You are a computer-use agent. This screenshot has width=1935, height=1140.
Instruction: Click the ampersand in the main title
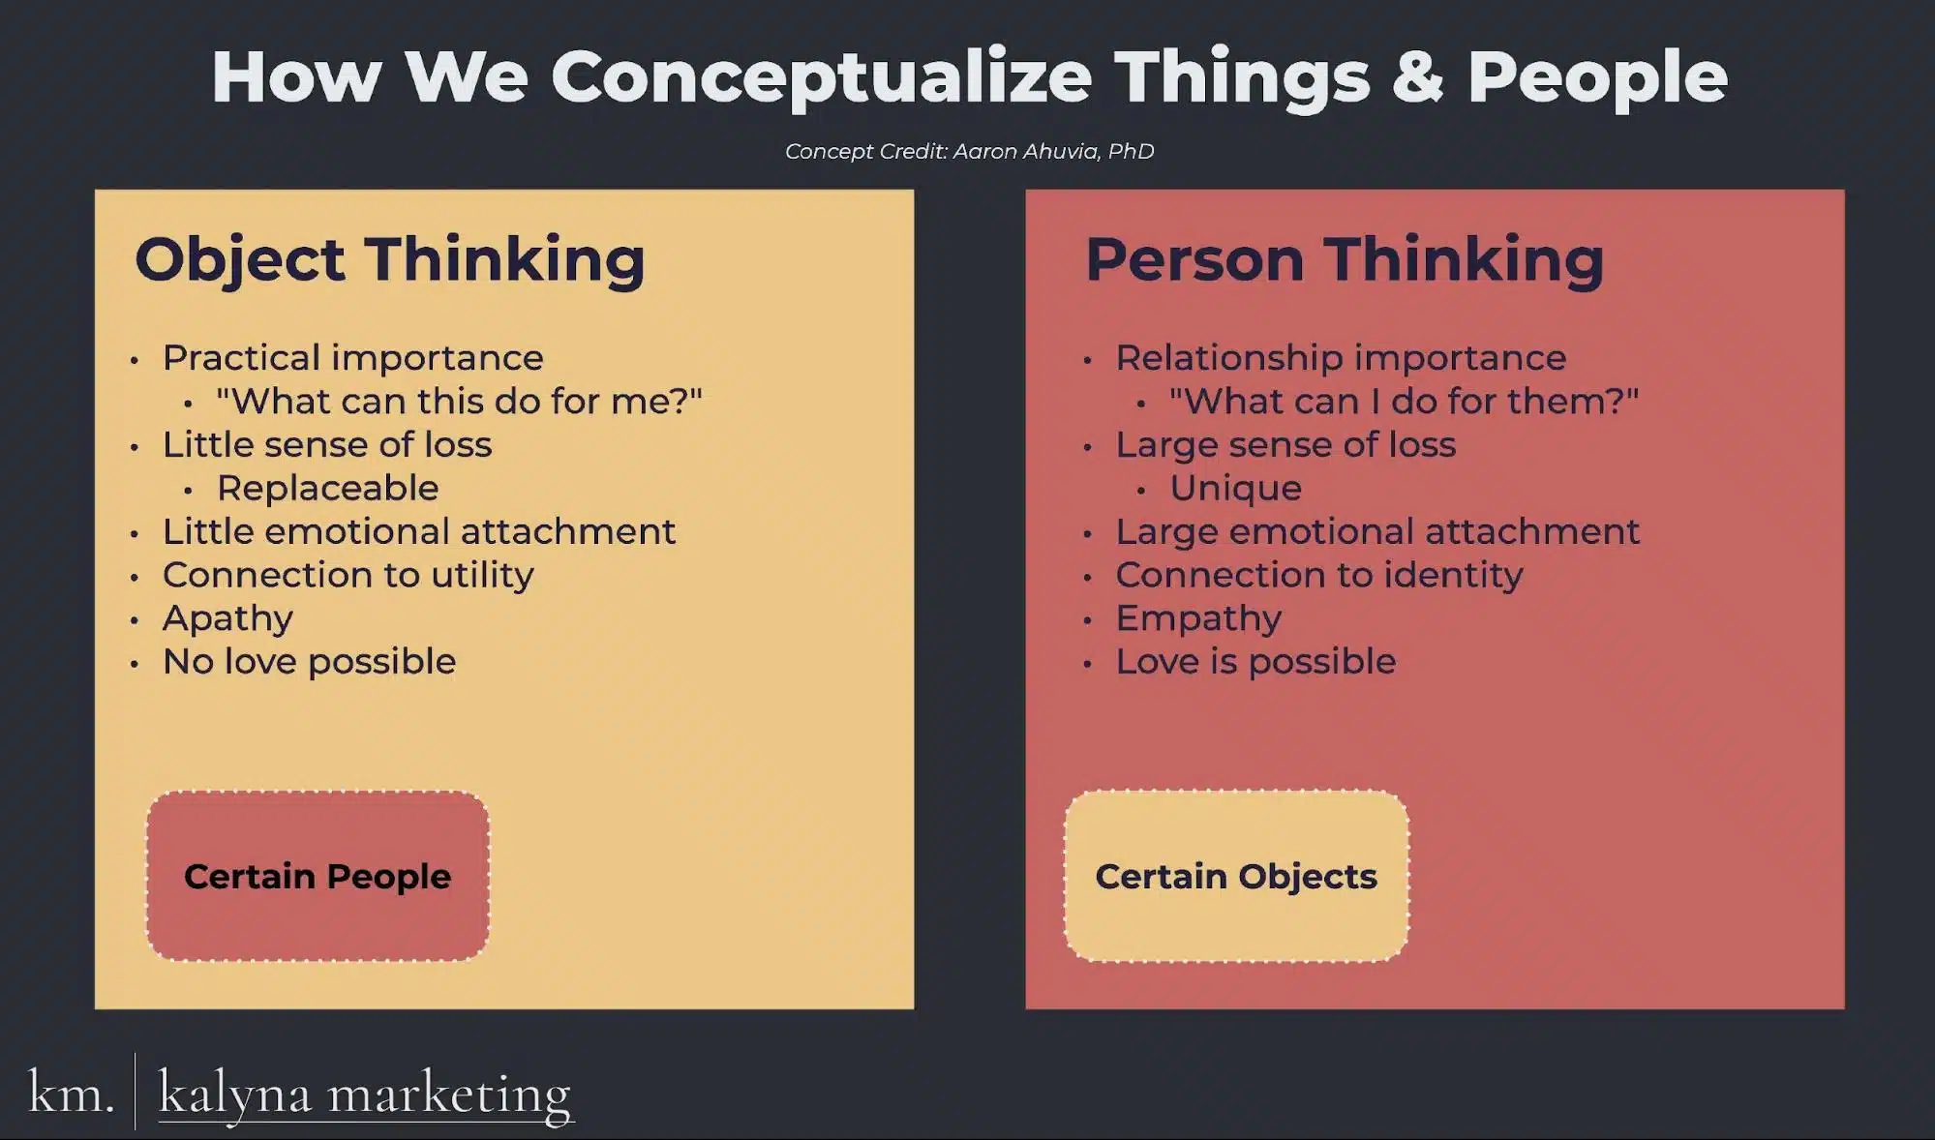click(1417, 76)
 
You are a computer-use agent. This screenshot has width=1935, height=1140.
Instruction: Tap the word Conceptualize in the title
click(821, 80)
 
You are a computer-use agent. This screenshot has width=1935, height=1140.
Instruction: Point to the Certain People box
click(317, 876)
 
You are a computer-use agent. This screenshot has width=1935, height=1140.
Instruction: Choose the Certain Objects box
click(1236, 876)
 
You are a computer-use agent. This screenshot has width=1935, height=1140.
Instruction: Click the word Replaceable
click(327, 488)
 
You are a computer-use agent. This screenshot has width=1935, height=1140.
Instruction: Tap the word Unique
click(1235, 488)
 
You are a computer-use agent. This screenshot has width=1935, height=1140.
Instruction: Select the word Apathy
click(227, 619)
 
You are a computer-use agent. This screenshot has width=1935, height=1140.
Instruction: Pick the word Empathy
click(1198, 619)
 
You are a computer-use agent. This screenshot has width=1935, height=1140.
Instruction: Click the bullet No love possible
click(309, 662)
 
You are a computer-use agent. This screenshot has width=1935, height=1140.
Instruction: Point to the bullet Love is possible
click(1255, 662)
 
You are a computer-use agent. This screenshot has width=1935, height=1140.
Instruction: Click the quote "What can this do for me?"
click(459, 401)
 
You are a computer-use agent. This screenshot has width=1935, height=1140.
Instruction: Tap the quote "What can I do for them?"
click(1404, 401)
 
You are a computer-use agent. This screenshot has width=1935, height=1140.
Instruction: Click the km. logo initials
click(71, 1094)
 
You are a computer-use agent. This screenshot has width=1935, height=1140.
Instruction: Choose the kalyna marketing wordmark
click(365, 1095)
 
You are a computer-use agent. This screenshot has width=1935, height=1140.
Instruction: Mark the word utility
click(482, 576)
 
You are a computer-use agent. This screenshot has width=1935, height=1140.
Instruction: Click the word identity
click(1453, 576)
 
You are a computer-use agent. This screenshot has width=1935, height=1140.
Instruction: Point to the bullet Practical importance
click(352, 358)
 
